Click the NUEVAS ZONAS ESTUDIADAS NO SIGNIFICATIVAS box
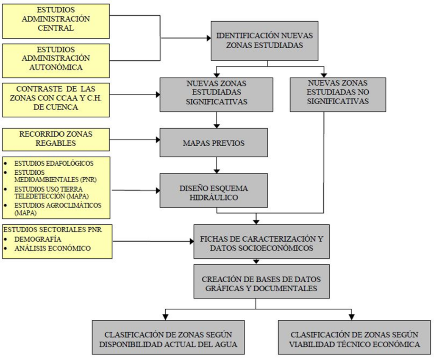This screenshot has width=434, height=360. coord(338,94)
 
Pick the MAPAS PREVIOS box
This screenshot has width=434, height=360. coord(214,143)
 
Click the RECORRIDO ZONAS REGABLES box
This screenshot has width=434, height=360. coord(56,139)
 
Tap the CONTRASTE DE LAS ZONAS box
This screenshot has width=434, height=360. coord(56,100)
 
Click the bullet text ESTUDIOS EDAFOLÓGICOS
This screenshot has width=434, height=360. coord(54,163)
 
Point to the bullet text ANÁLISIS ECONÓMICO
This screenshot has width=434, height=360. coord(53,248)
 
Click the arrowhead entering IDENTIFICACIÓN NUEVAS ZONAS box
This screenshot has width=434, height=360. coord(209,38)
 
